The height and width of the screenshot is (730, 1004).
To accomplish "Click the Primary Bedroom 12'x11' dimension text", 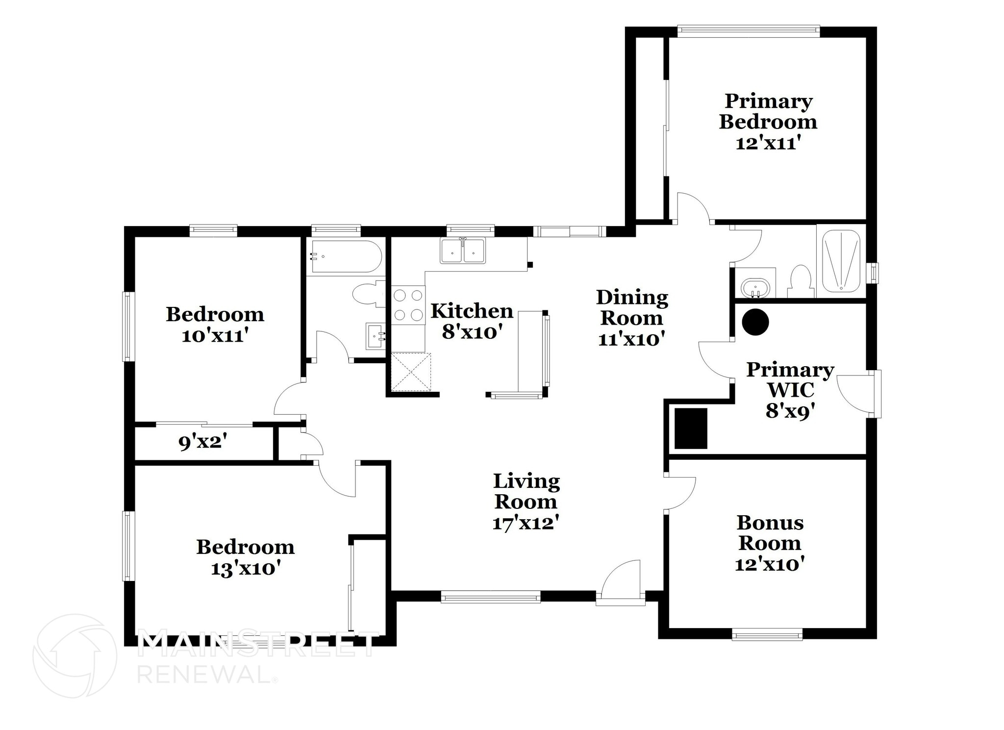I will point(768,143).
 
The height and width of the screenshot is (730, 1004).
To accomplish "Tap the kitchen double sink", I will point(463,251).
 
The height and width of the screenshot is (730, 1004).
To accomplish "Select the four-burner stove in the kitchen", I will point(408,305).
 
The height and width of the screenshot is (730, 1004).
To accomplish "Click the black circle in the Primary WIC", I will point(755,322).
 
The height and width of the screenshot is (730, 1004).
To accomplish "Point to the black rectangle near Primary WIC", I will point(691,428).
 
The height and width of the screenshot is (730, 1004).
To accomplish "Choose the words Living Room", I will point(526,491).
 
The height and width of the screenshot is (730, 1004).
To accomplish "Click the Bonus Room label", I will point(770,533).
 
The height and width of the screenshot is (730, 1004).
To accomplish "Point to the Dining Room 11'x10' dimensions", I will point(631,339).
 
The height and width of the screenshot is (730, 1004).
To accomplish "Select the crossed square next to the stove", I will point(411,372).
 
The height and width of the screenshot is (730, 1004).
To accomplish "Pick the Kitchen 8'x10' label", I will point(472,321).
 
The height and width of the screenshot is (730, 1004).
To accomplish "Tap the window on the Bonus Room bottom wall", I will point(767,635).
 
